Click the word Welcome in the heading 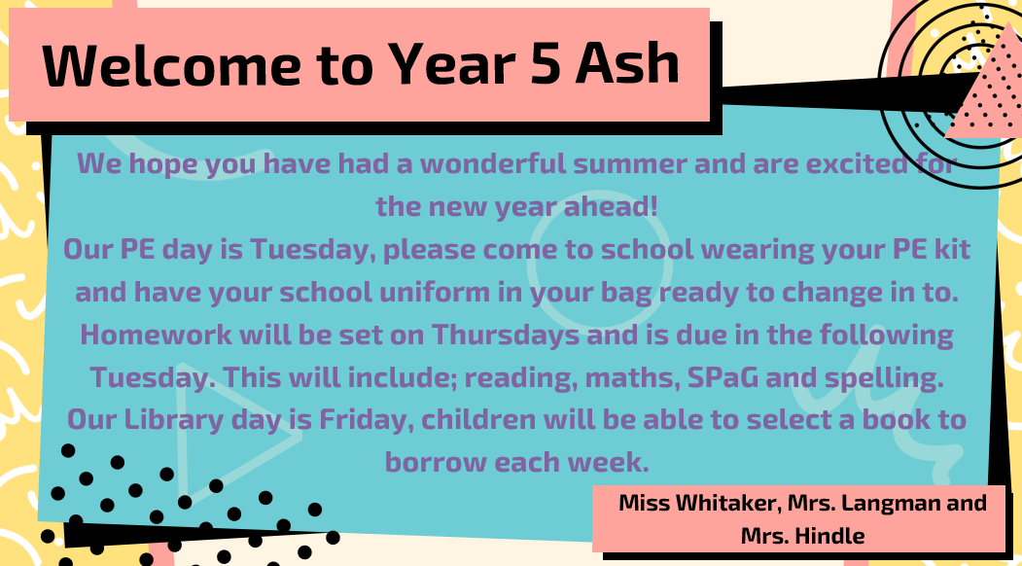[171, 64]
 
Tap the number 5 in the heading [545, 64]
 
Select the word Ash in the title [627, 63]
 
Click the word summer [630, 164]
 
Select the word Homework [156, 335]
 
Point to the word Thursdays [506, 335]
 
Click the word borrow [436, 462]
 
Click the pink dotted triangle [983, 88]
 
